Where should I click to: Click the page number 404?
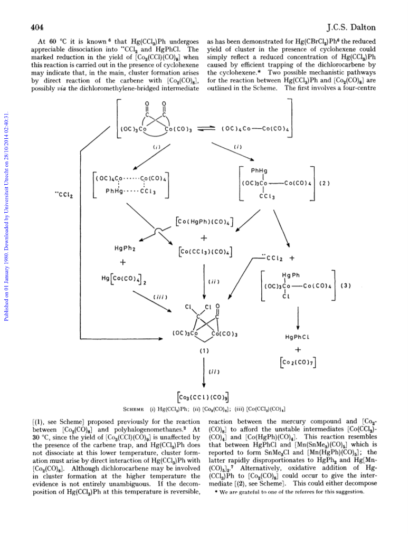point(37,27)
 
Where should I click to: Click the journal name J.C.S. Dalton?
point(351,27)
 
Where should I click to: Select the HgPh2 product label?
point(125,249)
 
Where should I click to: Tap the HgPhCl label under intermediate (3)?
point(297,337)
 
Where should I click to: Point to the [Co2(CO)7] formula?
point(298,362)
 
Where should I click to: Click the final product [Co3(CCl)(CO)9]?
point(203,397)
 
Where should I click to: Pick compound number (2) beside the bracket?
point(324,183)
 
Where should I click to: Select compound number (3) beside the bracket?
point(345,285)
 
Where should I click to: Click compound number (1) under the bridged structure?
point(204,351)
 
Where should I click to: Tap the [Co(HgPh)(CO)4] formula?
point(204,222)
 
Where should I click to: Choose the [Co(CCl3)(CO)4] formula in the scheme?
point(205,252)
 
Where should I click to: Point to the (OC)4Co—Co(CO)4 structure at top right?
point(255,129)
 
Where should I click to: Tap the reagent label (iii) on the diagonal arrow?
point(160,297)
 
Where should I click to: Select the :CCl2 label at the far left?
point(64,195)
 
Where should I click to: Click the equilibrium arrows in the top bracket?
point(206,129)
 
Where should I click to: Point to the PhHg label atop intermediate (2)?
point(259,170)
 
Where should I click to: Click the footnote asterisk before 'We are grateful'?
point(216,492)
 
